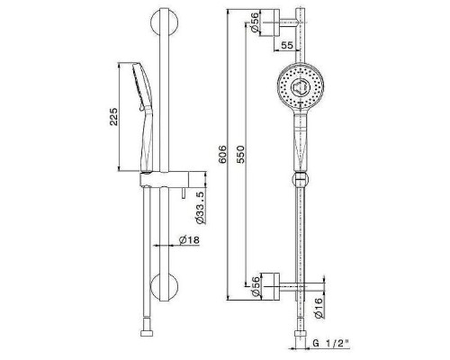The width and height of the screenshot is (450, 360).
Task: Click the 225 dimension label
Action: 113,116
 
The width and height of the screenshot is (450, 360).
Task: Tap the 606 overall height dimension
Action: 222,155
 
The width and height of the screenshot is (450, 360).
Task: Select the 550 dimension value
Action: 240,154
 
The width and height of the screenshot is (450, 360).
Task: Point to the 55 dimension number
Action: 287,45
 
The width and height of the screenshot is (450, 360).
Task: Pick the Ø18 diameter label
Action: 189,240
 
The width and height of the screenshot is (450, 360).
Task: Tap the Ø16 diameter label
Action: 319,308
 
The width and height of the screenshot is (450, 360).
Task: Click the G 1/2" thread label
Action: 330,343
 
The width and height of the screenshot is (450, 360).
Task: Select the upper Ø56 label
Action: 255,22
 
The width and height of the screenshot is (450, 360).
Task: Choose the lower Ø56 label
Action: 255,286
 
